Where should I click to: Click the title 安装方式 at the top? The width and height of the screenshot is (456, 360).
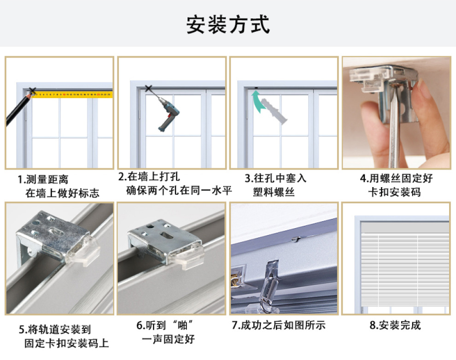[228, 24]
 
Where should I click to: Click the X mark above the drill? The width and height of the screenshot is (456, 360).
[148, 88]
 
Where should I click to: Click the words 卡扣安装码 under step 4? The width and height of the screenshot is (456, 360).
[394, 192]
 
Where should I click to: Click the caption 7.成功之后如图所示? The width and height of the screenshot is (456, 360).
[278, 325]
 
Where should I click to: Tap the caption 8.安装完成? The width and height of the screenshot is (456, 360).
[395, 325]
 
